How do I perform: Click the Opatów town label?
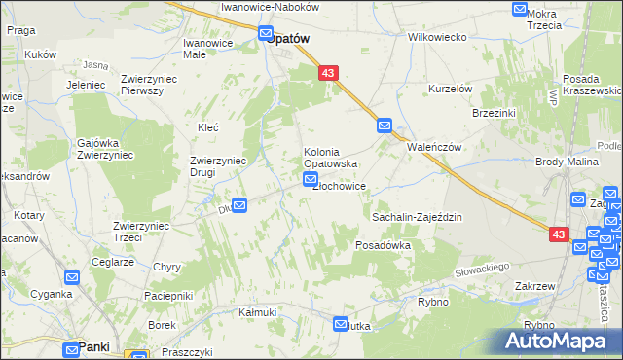click(289, 38)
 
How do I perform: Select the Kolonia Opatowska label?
click(333, 158)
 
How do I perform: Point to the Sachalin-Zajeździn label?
click(417, 219)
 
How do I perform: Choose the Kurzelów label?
click(451, 89)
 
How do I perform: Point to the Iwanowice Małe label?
click(207, 49)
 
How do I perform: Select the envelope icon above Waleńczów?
click(384, 126)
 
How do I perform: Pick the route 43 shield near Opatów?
click(326, 73)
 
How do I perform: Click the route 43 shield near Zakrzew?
click(558, 234)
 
